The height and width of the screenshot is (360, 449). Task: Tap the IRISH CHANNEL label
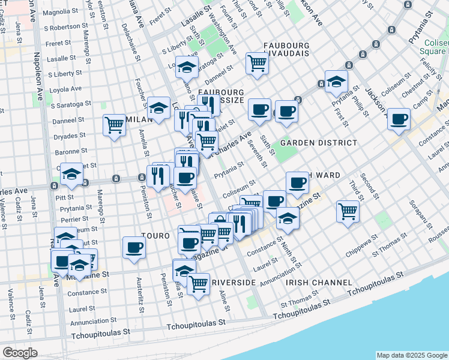pyautogui.click(x=319, y=282)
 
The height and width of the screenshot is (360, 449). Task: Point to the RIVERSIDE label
pyautogui.click(x=234, y=282)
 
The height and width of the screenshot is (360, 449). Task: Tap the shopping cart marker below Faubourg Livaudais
pyautogui.click(x=257, y=63)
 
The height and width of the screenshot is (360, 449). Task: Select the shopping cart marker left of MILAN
pyautogui.click(x=113, y=125)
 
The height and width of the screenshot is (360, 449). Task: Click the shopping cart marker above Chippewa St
pyautogui.click(x=348, y=211)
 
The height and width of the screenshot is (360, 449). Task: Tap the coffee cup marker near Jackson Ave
pyautogui.click(x=399, y=119)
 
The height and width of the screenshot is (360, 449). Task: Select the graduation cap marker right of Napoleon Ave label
pyautogui.click(x=71, y=175)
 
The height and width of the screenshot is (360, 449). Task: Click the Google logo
pyautogui.click(x=19, y=353)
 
